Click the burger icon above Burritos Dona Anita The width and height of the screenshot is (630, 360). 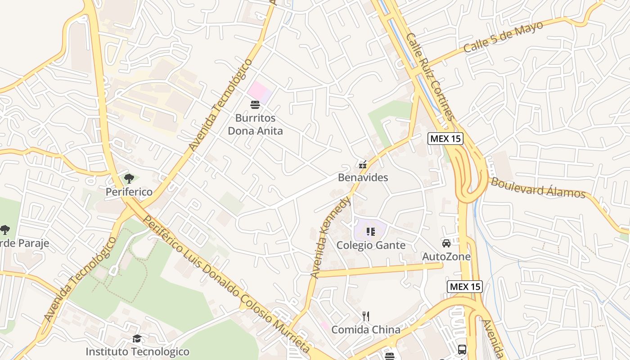coord(255,105)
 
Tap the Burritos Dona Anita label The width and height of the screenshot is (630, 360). coord(255,125)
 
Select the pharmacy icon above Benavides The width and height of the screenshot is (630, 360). coord(363,165)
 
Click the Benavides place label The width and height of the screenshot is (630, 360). coord(363,177)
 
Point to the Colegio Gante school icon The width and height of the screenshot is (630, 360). coord(371,232)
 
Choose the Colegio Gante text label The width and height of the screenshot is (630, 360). coord(371,245)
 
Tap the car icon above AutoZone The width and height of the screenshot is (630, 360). coord(446,243)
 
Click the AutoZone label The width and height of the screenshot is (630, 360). coord(446,256)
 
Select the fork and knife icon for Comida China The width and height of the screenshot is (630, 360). coord(366,316)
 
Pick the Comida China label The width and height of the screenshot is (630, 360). coord(366,330)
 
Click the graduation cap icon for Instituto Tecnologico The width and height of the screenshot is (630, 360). coord(137,338)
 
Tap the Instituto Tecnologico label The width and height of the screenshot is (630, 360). coord(137,351)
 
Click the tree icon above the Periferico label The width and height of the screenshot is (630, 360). coord(129,179)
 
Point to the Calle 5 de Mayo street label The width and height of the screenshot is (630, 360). coord(503,37)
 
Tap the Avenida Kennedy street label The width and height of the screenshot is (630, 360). coord(330,237)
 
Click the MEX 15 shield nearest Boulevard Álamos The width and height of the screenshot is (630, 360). coord(445,139)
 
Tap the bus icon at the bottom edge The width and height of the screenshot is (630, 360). coord(462,349)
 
